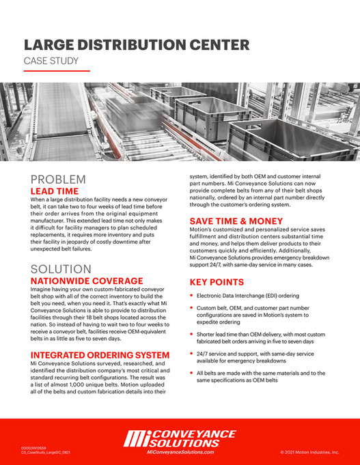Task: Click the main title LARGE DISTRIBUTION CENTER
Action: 136,46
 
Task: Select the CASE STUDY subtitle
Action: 51,61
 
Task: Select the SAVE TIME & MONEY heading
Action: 236,221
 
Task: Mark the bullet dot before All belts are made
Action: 191,373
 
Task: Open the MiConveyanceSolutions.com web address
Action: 180,451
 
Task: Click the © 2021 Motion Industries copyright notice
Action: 309,452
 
